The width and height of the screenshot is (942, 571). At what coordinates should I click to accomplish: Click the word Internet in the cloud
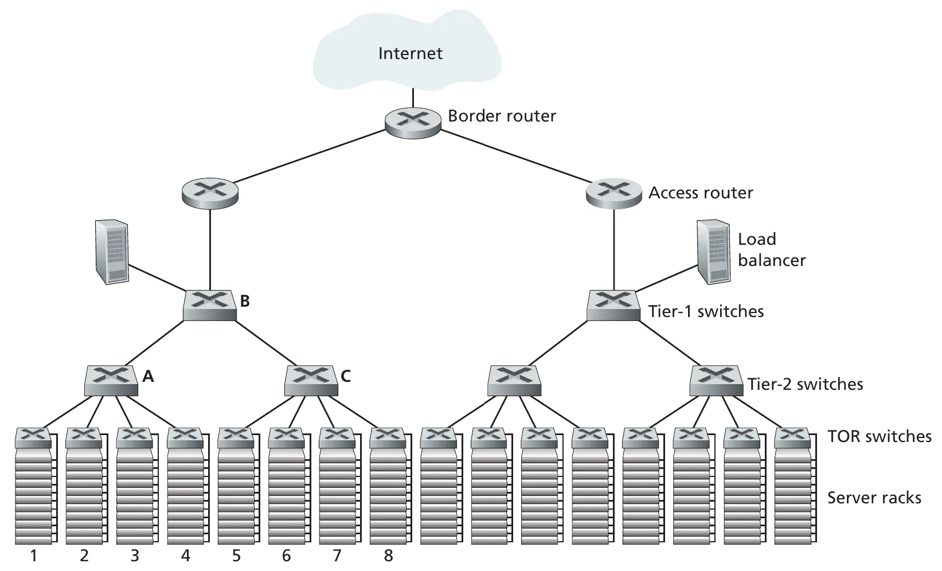pyautogui.click(x=410, y=54)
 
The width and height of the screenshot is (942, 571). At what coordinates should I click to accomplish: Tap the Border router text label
pyautogui.click(x=502, y=116)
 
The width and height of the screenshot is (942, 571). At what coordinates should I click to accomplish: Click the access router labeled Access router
pyautogui.click(x=613, y=193)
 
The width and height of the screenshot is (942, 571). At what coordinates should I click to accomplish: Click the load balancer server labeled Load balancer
pyautogui.click(x=714, y=252)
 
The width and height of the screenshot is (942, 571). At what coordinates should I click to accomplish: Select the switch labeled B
pyautogui.click(x=210, y=305)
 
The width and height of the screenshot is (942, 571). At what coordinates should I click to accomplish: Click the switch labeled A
pyautogui.click(x=111, y=381)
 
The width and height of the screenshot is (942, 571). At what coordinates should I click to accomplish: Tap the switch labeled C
pyautogui.click(x=311, y=381)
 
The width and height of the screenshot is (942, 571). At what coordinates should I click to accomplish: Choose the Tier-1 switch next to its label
pyautogui.click(x=613, y=305)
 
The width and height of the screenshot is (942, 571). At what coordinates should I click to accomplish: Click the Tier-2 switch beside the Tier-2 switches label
pyautogui.click(x=716, y=381)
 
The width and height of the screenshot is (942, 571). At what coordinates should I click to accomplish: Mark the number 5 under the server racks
pyautogui.click(x=236, y=556)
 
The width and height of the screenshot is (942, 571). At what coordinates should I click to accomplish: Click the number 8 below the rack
pyautogui.click(x=388, y=556)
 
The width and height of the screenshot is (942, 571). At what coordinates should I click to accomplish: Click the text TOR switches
pyautogui.click(x=879, y=437)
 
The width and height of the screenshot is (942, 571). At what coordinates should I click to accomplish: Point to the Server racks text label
pyautogui.click(x=874, y=498)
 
